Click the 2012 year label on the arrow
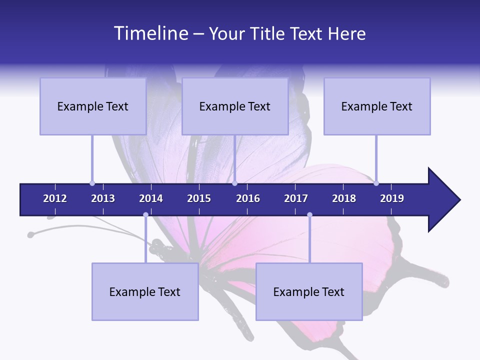coord(55,198)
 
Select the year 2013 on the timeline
coord(103,198)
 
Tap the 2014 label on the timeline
coord(151,198)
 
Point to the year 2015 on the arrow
coord(199,198)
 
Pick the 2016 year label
coord(248,198)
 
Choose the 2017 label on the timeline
coord(296,198)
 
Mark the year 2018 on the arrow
coord(344,198)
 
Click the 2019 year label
coord(392,198)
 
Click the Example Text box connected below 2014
coord(145,291)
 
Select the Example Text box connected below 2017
coord(309,291)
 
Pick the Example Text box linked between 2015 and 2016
coord(235,106)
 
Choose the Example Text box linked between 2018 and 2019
coord(377,106)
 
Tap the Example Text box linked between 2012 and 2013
coord(93,106)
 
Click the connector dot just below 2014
coord(145,214)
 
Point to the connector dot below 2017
coord(309,214)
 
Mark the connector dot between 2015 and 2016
coord(234,183)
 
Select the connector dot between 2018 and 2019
coord(376,183)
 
